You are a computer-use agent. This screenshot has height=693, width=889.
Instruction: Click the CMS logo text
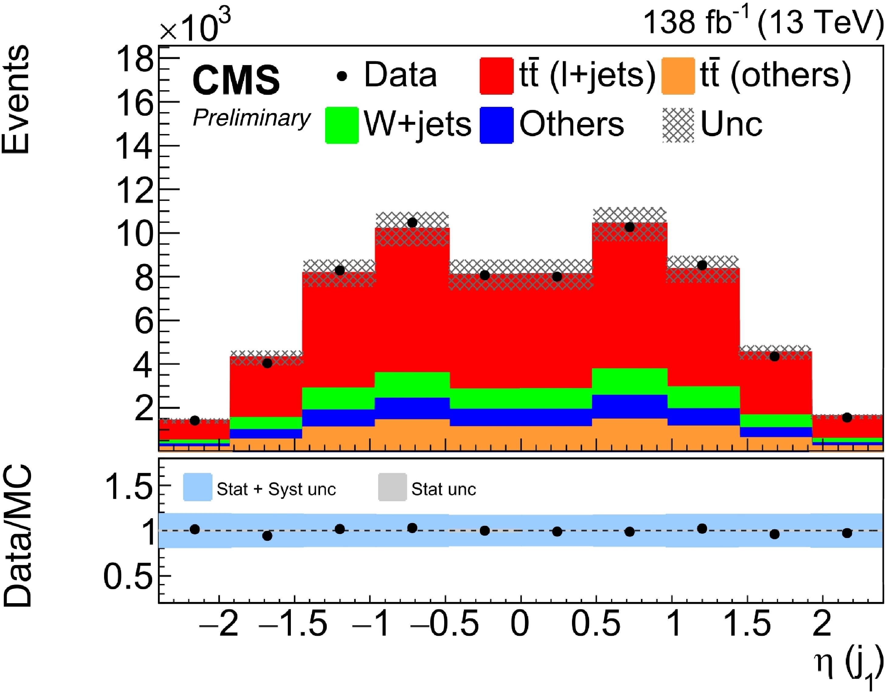[236, 80]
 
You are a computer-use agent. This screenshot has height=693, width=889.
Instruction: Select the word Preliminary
[252, 118]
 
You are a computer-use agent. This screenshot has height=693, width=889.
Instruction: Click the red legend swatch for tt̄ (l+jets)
[496, 76]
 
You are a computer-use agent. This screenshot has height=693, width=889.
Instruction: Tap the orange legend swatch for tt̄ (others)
[678, 76]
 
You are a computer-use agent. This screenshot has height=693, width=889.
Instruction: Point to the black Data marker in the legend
[342, 76]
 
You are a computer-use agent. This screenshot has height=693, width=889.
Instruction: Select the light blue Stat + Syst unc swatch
[197, 487]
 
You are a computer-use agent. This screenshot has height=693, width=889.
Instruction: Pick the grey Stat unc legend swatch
[392, 487]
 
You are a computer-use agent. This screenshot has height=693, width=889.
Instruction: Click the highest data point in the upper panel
[412, 223]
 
